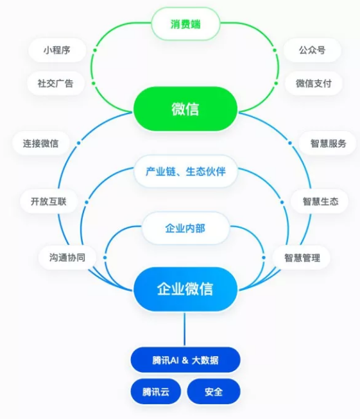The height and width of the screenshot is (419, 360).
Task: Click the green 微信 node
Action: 185,108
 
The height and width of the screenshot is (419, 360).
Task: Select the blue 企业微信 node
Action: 185,289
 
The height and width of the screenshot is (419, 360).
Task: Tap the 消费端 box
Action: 185,24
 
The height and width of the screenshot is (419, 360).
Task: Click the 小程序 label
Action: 57,50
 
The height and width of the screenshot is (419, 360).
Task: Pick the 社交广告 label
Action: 56,83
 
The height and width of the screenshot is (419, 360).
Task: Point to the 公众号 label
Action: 312,50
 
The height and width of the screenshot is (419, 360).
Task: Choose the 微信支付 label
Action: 314,83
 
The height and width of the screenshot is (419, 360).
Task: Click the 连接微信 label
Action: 41,143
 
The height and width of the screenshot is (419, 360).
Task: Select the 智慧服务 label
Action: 328,143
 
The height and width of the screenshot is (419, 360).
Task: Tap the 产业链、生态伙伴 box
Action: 185,171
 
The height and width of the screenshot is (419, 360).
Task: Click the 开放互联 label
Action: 49,201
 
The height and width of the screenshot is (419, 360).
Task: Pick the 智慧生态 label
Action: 320,201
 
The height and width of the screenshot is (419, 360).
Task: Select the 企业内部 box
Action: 185,228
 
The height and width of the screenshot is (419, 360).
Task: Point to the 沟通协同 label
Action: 67,257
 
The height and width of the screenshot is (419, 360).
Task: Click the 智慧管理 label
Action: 302,257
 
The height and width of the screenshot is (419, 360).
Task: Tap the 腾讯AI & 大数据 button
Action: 185,360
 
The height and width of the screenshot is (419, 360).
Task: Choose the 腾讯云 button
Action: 155,391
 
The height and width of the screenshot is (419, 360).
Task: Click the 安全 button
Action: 214,391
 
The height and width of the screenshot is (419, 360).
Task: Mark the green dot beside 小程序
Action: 95,50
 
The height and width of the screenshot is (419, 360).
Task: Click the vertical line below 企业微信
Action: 184,329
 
